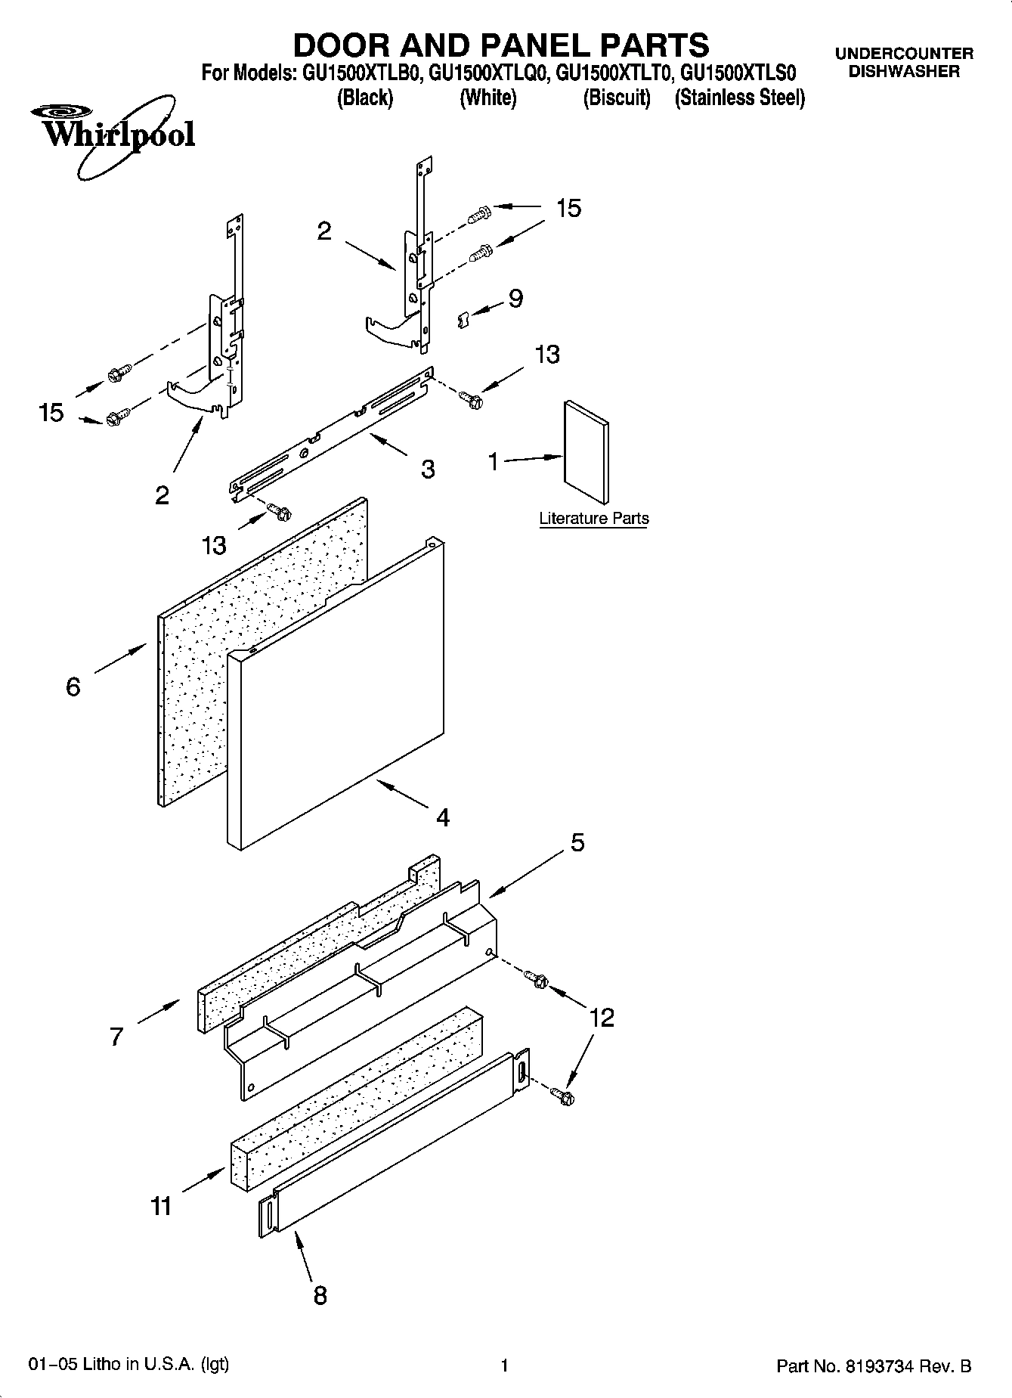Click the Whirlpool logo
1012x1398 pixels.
(113, 136)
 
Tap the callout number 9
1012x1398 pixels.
(515, 299)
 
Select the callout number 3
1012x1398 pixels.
(428, 470)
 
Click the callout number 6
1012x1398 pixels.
(73, 687)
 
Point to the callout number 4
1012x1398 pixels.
(443, 817)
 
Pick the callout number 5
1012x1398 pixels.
(577, 842)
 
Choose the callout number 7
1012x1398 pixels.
(116, 1036)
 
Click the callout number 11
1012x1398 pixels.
(161, 1206)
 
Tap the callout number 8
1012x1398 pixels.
(320, 1295)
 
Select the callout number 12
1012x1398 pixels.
(602, 1018)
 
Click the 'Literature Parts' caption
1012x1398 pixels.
(593, 519)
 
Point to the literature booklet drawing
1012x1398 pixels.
(585, 453)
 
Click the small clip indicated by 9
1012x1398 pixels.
(464, 320)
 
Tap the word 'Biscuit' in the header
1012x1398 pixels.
(617, 98)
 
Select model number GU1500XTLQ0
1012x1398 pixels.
(488, 73)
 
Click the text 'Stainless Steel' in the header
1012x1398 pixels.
(739, 98)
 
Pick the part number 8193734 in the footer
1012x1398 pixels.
(887, 1366)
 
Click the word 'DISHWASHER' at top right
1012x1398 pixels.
(904, 73)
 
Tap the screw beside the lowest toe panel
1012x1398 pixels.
(562, 1094)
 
